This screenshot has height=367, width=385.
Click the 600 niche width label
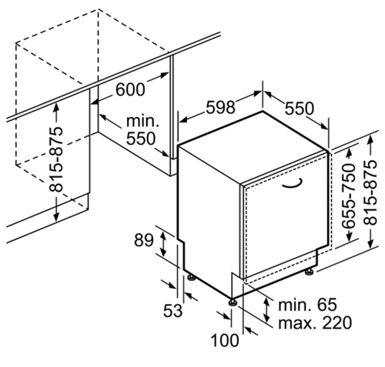(x=130, y=89)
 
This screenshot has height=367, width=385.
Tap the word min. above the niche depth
(x=142, y=121)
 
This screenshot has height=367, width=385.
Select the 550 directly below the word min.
(x=141, y=138)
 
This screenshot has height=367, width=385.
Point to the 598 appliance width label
(x=221, y=107)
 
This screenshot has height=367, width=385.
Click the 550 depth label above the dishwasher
(x=300, y=108)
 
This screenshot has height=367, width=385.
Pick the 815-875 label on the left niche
(x=56, y=159)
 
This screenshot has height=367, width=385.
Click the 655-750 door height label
(x=349, y=195)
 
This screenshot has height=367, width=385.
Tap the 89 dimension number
(x=144, y=240)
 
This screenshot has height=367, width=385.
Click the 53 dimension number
(x=172, y=311)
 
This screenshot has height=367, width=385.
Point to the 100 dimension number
(x=225, y=341)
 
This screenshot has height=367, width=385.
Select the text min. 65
(x=307, y=305)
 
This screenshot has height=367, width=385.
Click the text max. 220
(x=315, y=322)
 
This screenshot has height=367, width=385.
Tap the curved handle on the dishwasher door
(x=293, y=185)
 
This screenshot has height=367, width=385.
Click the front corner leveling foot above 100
(x=233, y=302)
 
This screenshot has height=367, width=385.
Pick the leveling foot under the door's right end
(x=309, y=272)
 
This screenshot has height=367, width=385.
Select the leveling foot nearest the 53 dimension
(x=191, y=278)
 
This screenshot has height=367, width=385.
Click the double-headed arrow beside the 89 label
(x=163, y=242)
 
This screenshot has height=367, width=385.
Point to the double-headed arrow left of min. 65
(x=267, y=310)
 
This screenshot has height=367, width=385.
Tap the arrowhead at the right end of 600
(x=165, y=75)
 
